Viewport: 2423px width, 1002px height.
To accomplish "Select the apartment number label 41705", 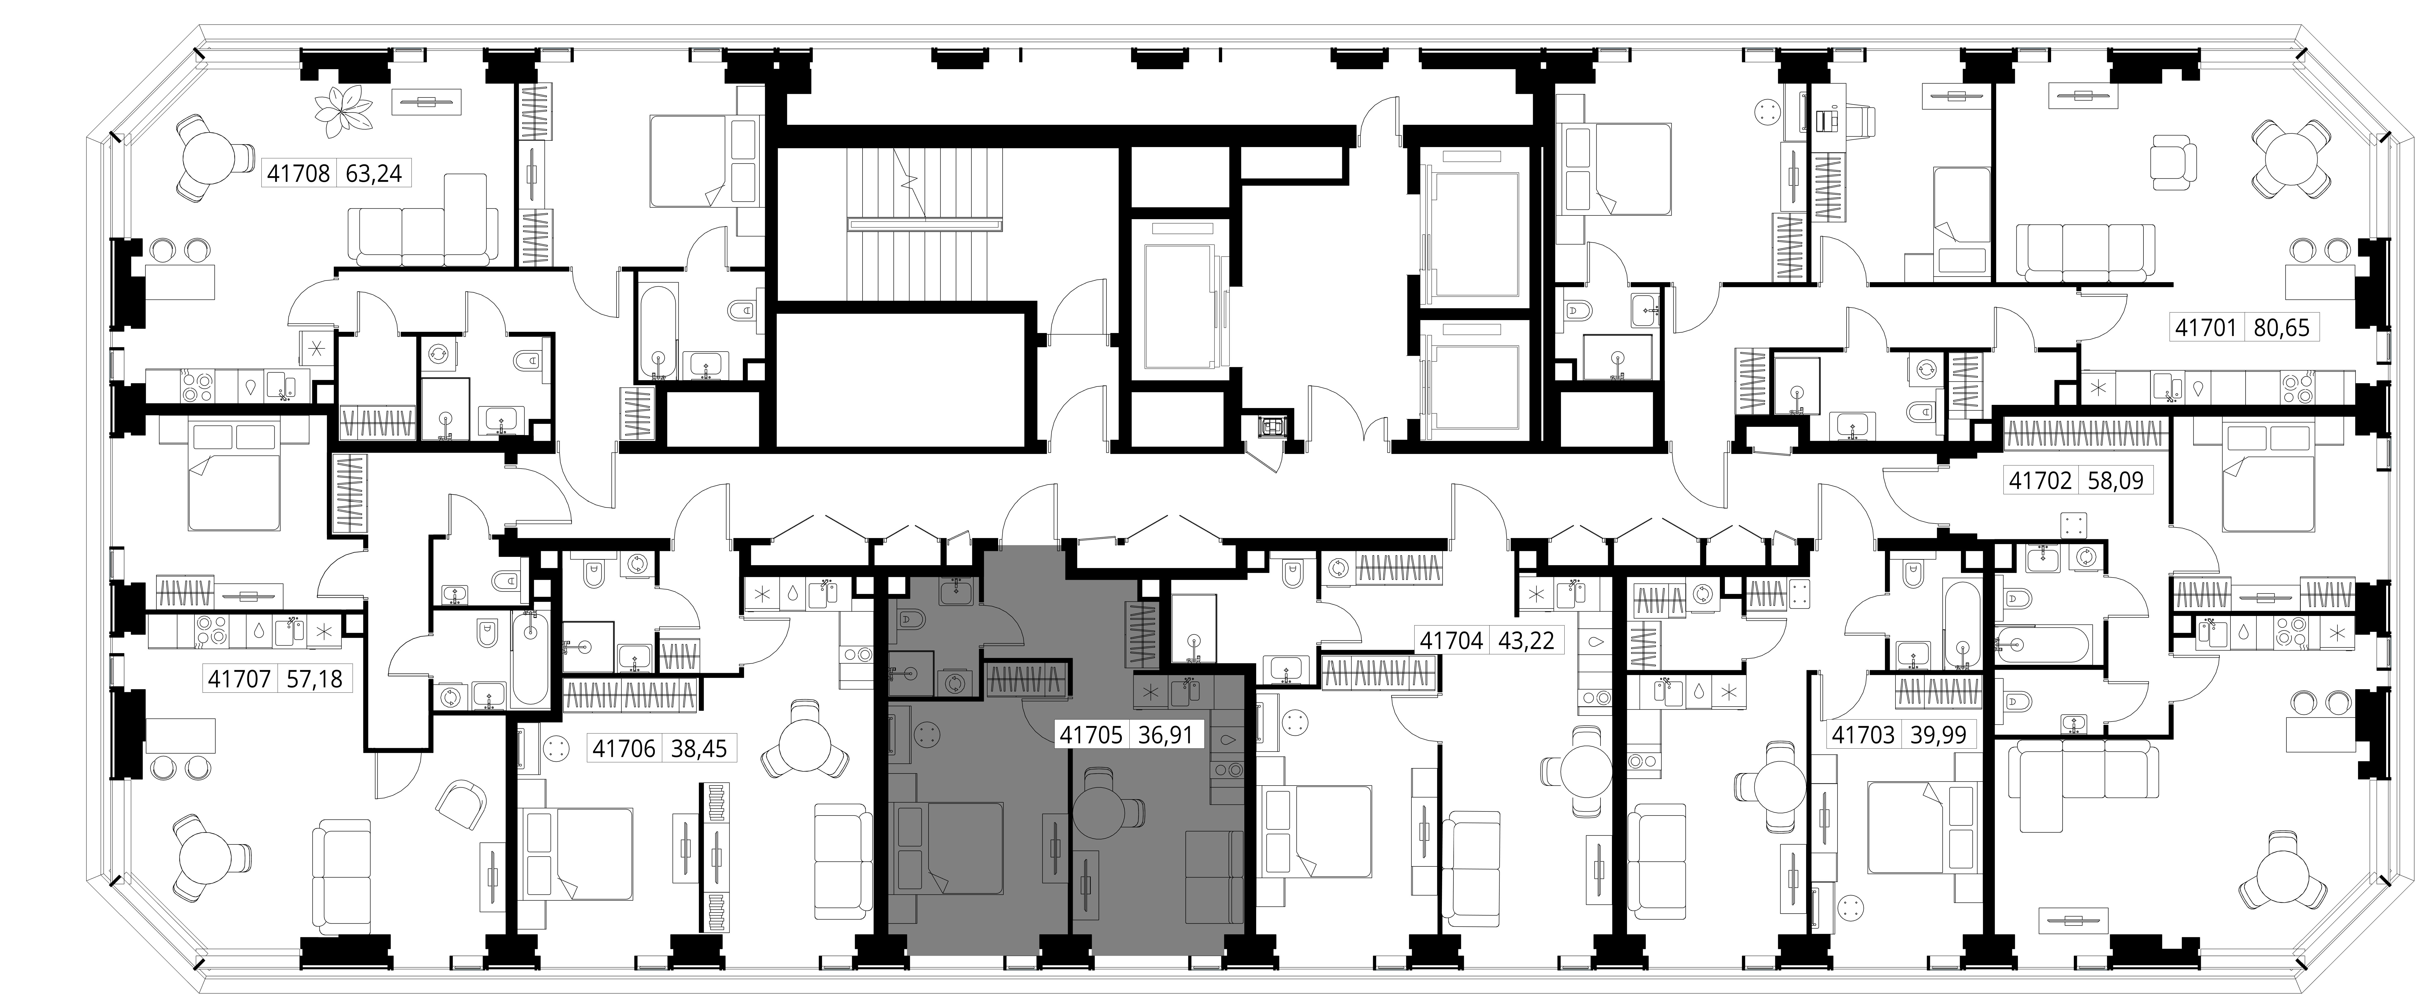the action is point(1091,735).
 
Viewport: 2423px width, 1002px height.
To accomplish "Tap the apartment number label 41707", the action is point(240,678).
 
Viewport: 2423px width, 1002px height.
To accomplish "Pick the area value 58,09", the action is point(2115,481).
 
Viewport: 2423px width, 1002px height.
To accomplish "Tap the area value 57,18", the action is point(315,678).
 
